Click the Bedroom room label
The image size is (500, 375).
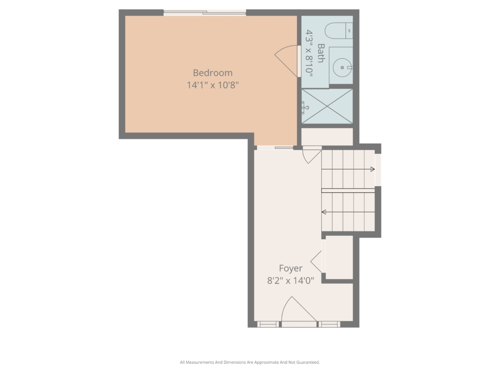pos(213,73)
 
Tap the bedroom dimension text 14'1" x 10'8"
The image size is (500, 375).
pos(213,85)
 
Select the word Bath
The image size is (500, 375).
pos(321,53)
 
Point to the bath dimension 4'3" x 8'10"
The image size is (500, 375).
pos(309,53)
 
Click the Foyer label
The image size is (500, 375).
pos(291,269)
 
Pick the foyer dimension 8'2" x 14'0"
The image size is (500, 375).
pos(291,281)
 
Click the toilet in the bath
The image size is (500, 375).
pos(339,31)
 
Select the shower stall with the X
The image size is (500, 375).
pos(327,106)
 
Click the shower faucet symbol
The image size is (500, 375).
pos(305,107)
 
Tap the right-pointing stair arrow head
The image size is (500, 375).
pos(373,169)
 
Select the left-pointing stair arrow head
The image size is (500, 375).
pos(324,212)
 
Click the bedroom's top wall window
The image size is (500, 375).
pos(205,13)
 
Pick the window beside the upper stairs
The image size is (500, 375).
pos(378,169)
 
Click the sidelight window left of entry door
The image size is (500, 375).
pos(268,324)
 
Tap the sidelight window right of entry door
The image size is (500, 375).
pos(330,324)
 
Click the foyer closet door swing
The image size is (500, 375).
pos(316,262)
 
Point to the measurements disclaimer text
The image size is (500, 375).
pos(250,362)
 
